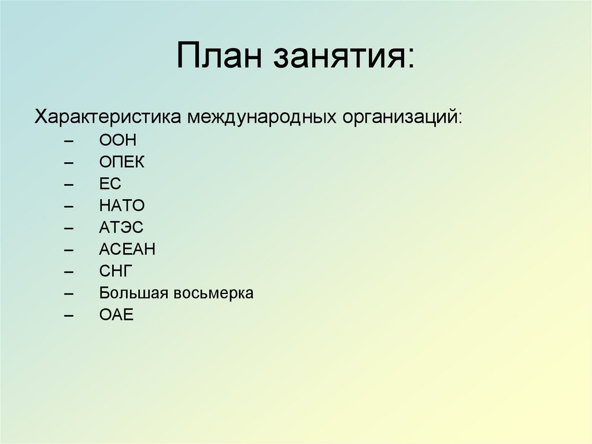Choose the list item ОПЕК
[121, 163]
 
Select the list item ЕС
[110, 184]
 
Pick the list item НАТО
[121, 206]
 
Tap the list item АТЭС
[121, 228]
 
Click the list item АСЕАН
[127, 250]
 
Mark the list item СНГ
[116, 271]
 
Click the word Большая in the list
[134, 293]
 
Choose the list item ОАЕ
[116, 315]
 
